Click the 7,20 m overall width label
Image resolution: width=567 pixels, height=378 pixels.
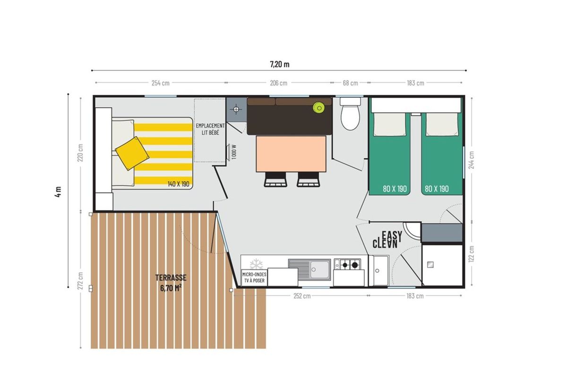click(x=279, y=64)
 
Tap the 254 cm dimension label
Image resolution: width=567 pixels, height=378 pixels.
click(x=161, y=83)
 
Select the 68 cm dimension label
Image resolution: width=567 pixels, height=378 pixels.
click(x=350, y=83)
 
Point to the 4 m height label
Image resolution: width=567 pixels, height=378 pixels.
click(x=58, y=192)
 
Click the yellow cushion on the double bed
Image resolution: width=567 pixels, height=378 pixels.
click(x=132, y=154)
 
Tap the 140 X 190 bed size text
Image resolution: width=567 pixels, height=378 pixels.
click(x=179, y=184)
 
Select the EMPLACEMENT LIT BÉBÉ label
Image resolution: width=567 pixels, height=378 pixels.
click(x=210, y=129)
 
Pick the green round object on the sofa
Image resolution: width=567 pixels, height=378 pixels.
click(x=318, y=108)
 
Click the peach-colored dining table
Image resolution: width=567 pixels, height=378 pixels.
click(x=291, y=154)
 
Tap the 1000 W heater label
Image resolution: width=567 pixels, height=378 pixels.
click(x=234, y=152)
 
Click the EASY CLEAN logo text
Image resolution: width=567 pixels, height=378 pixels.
click(x=387, y=240)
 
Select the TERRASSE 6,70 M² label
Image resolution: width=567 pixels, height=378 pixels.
click(x=171, y=283)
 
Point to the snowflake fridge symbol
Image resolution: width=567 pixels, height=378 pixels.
click(x=256, y=264)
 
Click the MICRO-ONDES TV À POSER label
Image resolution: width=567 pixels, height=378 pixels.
click(x=254, y=277)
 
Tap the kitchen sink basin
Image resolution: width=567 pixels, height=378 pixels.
click(x=320, y=270)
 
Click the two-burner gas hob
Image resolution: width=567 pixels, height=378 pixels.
click(x=347, y=265)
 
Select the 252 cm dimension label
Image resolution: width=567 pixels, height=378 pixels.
click(x=302, y=296)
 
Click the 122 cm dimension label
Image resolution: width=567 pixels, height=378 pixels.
click(x=471, y=254)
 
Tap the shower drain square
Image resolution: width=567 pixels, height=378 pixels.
click(x=430, y=265)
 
